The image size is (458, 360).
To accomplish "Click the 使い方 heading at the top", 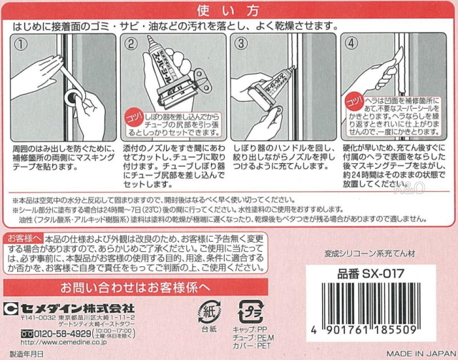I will (230, 10).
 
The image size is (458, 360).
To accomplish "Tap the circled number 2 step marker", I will (131, 43).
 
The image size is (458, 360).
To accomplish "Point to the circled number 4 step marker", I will (351, 43).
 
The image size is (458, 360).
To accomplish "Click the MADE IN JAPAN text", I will (418, 353).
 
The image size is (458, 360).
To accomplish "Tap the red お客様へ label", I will (23, 238).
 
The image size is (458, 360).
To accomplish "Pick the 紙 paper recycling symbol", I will (209, 312).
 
